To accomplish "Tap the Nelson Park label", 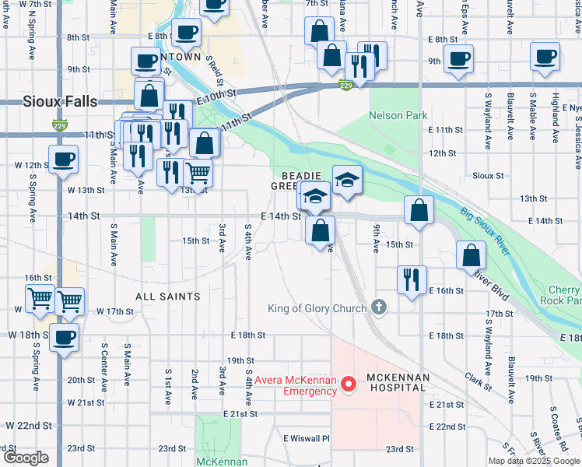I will click(398, 115).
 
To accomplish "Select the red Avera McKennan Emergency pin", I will click(349, 384).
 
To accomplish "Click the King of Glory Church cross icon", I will click(379, 307).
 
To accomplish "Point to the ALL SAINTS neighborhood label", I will click(167, 297).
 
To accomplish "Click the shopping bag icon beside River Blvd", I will click(471, 255).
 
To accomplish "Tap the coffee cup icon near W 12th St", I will click(63, 160).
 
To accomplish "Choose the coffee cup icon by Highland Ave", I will click(545, 57).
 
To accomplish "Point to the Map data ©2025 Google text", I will click(534, 461).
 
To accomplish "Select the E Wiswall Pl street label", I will click(307, 438).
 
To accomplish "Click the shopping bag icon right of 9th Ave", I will click(419, 211).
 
